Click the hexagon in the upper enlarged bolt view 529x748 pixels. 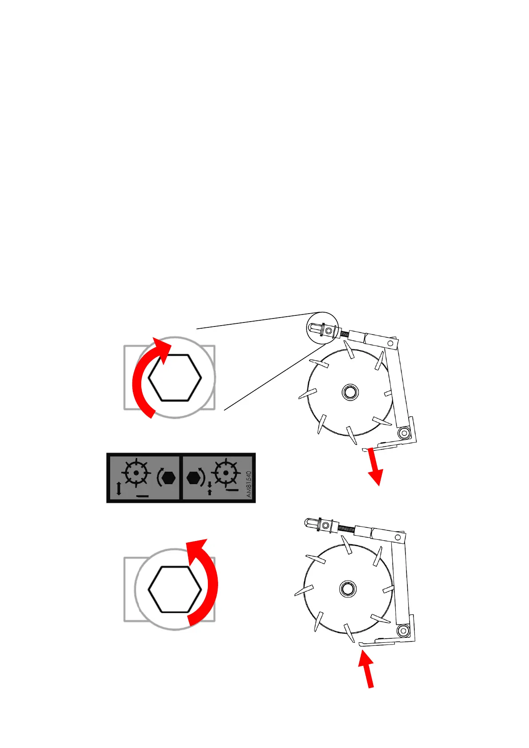[175, 378]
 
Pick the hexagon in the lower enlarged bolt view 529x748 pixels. [175, 589]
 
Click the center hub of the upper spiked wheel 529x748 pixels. [350, 392]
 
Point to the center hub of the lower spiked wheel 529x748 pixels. [347, 589]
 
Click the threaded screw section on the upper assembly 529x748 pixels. [344, 334]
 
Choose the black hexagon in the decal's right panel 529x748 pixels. [194, 478]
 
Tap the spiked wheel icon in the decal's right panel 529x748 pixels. [226, 473]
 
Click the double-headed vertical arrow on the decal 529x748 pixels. [119, 489]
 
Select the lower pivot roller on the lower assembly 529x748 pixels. [403, 630]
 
